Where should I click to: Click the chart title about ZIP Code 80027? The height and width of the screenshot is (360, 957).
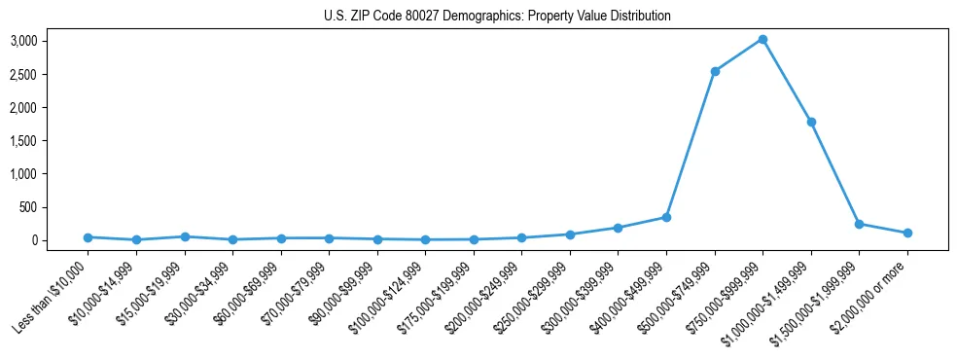[x=497, y=17]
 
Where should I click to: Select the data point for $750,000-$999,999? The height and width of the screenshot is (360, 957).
[x=762, y=40]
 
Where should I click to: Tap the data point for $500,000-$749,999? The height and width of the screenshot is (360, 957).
[x=715, y=71]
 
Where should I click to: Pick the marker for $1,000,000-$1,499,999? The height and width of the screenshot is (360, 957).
[x=811, y=122]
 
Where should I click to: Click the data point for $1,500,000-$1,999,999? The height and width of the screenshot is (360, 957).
[x=859, y=224]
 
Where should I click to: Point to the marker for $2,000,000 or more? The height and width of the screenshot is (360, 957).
[x=907, y=233]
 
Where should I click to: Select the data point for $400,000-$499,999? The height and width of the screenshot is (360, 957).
[x=666, y=217]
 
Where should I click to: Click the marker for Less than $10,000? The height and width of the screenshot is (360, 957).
[x=88, y=237]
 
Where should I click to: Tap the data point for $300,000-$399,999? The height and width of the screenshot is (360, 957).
[x=618, y=228]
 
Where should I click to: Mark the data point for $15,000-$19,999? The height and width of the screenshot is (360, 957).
[x=185, y=236]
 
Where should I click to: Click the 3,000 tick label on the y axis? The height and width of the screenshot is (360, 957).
[x=51, y=41]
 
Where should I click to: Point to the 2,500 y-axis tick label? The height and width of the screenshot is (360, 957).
[x=51, y=74]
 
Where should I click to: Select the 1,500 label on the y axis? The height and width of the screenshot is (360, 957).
[x=51, y=141]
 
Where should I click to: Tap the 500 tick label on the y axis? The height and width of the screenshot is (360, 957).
[x=55, y=207]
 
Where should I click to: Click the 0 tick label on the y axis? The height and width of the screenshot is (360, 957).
[x=60, y=240]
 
